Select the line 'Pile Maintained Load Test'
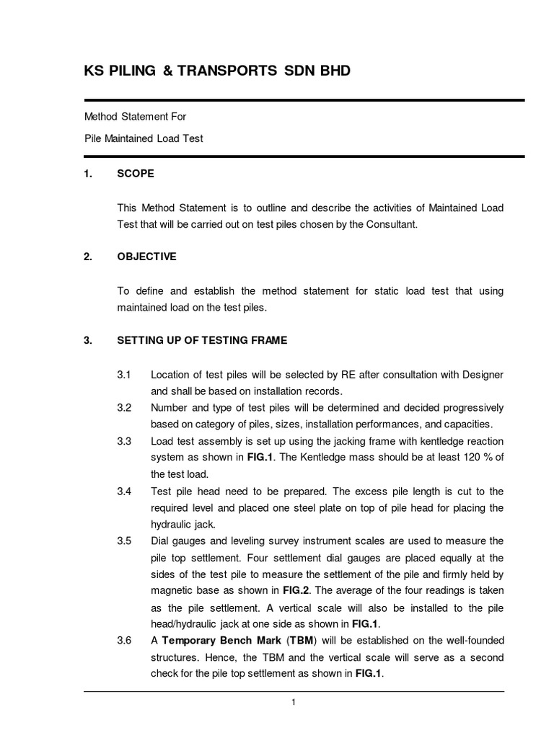[144, 138]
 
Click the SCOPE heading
[136, 174]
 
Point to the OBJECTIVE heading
[146, 257]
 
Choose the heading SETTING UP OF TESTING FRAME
[202, 340]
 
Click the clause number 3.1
[123, 375]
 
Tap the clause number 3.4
[123, 491]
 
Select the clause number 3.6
[123, 640]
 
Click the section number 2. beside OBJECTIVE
[89, 257]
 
